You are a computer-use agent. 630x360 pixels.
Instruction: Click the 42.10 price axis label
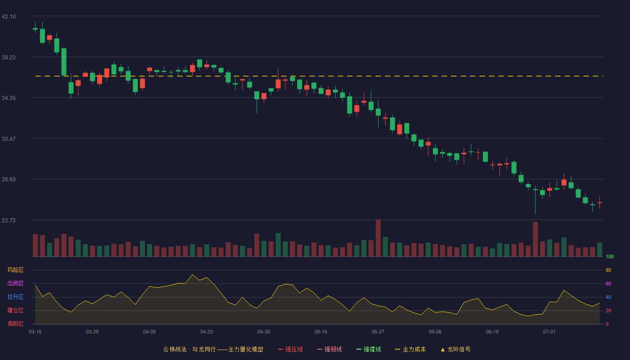click(x=9, y=17)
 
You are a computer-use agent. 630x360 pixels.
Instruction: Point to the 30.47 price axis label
click(x=9, y=139)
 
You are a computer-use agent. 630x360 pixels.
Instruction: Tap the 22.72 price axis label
click(x=9, y=220)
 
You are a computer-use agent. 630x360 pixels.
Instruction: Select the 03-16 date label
click(x=35, y=332)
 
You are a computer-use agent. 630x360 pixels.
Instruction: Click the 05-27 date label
click(x=378, y=332)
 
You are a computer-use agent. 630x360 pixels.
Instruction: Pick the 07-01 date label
click(x=549, y=332)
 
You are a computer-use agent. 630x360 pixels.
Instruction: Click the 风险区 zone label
click(x=15, y=270)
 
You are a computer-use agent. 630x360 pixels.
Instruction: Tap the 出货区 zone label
click(x=15, y=283)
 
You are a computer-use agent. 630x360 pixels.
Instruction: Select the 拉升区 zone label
click(x=15, y=297)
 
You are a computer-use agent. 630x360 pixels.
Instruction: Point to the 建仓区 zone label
click(x=15, y=310)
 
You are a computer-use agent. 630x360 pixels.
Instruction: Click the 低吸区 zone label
click(x=15, y=324)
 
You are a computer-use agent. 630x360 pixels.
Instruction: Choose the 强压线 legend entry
click(x=290, y=349)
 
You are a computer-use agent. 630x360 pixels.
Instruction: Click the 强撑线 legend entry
click(x=369, y=349)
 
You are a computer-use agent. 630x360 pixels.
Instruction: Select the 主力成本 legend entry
click(x=410, y=349)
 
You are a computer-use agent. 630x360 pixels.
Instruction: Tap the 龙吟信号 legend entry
click(x=455, y=349)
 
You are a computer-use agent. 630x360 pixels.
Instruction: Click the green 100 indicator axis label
click(x=610, y=256)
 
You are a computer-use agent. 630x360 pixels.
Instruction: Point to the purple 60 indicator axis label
click(x=608, y=283)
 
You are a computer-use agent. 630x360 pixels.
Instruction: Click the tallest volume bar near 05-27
click(x=378, y=238)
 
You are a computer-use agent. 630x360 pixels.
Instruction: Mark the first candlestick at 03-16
click(x=35, y=28)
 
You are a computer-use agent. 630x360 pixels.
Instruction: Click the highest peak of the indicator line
click(x=193, y=274)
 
